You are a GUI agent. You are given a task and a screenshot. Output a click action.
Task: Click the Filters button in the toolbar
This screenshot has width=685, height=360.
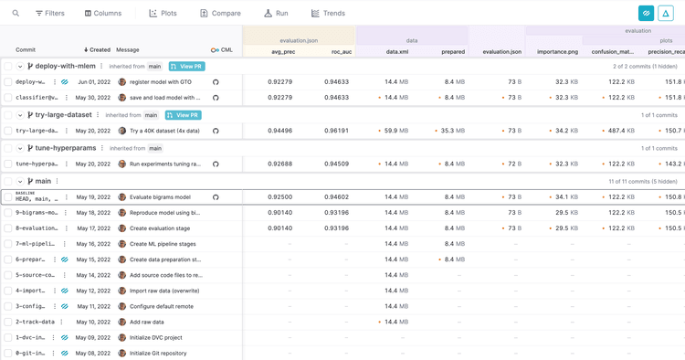pos(50,14)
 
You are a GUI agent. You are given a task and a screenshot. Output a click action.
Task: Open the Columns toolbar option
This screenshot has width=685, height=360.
pos(103,14)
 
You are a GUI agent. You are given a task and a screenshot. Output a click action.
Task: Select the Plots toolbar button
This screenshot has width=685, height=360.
pos(163,14)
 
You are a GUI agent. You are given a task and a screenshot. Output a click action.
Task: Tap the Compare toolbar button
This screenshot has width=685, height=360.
pos(220,14)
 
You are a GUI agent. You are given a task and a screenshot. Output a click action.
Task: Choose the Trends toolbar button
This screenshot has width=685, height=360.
pos(328,14)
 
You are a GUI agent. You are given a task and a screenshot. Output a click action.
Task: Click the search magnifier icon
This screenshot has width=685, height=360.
pos(16,14)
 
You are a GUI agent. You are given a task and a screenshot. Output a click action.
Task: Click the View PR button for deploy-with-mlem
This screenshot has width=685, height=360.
pos(186,67)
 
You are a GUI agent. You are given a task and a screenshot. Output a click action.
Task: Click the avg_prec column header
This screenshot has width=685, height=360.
pos(282,52)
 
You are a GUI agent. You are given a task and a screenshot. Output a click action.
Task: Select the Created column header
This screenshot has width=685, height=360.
pos(97,50)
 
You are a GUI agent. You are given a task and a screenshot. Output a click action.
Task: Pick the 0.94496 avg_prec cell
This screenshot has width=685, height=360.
pos(280,131)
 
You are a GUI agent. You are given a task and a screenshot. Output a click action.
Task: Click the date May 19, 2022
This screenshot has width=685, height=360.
pos(93,197)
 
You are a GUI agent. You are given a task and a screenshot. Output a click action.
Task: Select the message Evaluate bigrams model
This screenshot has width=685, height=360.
pos(160,197)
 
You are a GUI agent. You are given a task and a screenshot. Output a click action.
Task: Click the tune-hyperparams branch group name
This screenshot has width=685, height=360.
pos(66,148)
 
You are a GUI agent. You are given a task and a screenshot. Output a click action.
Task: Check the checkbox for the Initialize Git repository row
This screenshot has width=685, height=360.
pos(8,353)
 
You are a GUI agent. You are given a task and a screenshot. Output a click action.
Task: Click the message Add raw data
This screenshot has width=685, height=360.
pos(147,322)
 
